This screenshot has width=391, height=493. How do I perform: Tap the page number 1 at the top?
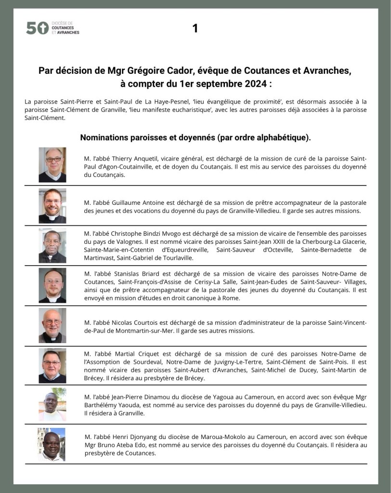tap(195, 29)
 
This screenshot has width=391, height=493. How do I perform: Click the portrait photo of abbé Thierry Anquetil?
tap(52, 165)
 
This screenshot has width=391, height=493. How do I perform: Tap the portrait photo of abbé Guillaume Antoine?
tap(52, 206)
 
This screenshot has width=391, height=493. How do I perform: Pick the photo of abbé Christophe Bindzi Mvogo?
tap(52, 246)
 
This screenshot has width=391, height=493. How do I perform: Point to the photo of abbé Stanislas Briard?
tap(52, 285)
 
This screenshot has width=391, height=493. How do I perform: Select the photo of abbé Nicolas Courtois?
tap(52, 326)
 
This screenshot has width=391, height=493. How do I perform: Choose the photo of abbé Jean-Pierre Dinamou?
tap(52, 405)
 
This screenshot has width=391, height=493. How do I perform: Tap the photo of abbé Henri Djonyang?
tap(52, 445)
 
